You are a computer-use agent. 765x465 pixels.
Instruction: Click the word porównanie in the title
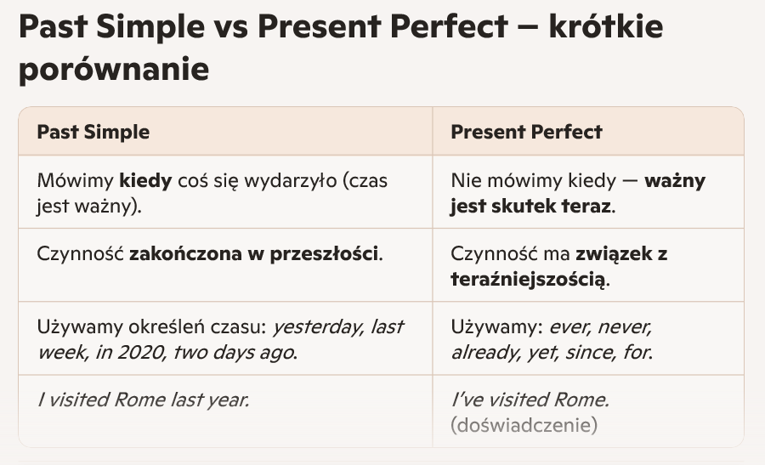(114, 70)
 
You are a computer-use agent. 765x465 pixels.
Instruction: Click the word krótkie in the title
(605, 26)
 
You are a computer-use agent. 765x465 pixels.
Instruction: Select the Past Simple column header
(93, 132)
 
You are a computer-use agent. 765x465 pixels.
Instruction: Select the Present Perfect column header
(526, 132)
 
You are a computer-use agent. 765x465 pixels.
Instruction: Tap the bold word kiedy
(146, 180)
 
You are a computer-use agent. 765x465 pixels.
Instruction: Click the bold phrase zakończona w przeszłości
(253, 253)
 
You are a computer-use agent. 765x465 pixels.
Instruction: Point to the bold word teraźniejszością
(528, 279)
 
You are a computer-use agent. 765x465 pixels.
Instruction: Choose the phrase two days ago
(233, 352)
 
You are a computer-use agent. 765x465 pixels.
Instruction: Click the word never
(625, 327)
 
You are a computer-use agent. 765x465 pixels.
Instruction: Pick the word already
(485, 352)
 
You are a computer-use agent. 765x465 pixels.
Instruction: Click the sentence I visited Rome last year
(144, 400)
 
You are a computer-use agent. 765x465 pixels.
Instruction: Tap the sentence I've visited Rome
(530, 400)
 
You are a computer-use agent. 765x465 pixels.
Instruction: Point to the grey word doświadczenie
(524, 425)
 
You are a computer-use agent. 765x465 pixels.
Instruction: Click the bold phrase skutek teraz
(551, 206)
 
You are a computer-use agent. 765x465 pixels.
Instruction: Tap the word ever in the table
(569, 327)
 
